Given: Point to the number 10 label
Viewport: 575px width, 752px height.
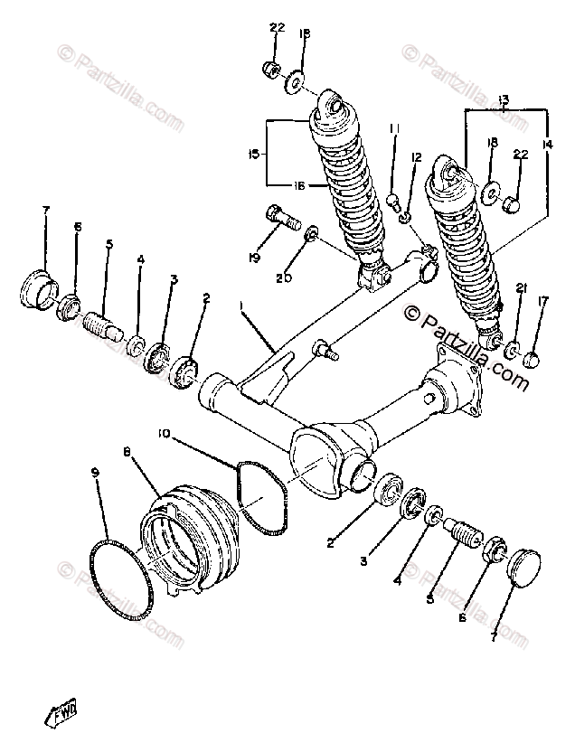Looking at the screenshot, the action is pos(164,432).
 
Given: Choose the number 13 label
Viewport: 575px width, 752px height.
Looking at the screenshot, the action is pos(504,98).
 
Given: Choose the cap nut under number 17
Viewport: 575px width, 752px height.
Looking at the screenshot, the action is pos(533,360).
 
